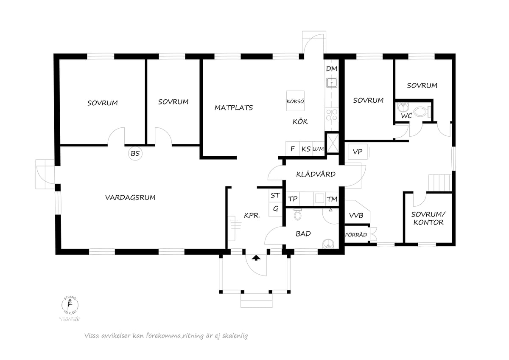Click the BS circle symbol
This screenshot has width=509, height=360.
(x=135, y=154)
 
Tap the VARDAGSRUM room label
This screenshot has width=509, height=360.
(x=130, y=197)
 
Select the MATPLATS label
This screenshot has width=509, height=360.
(x=233, y=108)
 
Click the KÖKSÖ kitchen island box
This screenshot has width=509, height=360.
(x=296, y=101)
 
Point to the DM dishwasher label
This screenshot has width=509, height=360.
(x=331, y=69)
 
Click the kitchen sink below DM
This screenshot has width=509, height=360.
(x=331, y=82)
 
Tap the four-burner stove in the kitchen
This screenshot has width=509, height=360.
(x=331, y=115)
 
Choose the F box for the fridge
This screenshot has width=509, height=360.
(x=292, y=149)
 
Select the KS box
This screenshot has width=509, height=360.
(x=306, y=149)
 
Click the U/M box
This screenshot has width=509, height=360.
(x=318, y=149)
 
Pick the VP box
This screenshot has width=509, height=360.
(x=357, y=152)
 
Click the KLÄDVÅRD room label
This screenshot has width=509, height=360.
(x=316, y=174)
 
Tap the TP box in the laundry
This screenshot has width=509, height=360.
(x=293, y=199)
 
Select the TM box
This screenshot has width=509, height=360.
(x=332, y=199)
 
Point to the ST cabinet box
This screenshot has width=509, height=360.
(x=275, y=196)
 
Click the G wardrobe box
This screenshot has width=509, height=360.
(x=275, y=209)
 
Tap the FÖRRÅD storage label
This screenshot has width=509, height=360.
(x=356, y=234)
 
